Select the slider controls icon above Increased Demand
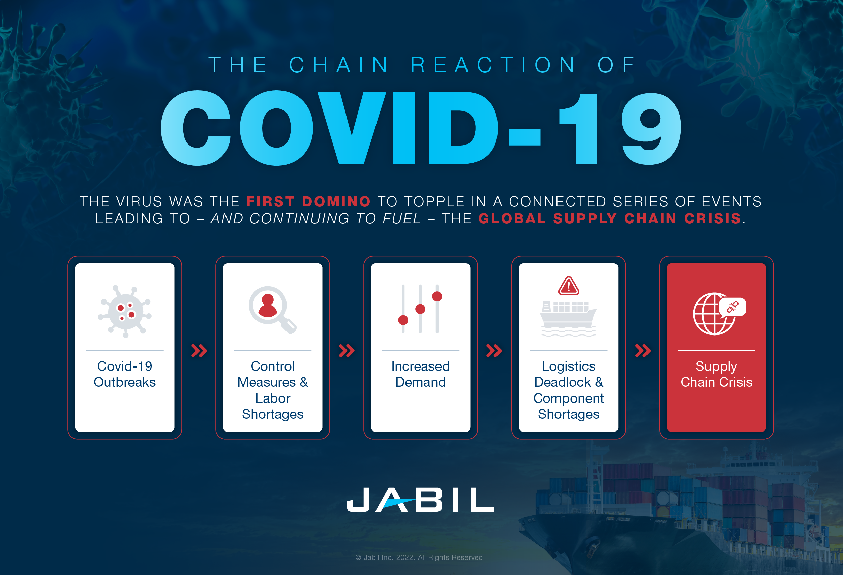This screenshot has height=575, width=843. click(x=420, y=309)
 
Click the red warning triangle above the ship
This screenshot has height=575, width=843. click(x=568, y=286)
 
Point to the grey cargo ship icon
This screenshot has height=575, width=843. click(x=568, y=318)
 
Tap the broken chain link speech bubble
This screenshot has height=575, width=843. click(x=733, y=307)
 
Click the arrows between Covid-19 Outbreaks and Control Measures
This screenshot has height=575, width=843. click(x=199, y=351)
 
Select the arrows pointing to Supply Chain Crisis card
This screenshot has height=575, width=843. click(x=643, y=351)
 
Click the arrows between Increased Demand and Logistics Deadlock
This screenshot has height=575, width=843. click(x=494, y=351)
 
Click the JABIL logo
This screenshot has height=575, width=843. click(x=420, y=500)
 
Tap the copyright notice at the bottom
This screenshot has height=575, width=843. click(x=420, y=557)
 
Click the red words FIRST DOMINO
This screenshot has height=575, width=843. click(x=308, y=201)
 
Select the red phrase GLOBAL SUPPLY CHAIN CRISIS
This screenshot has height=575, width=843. click(x=609, y=219)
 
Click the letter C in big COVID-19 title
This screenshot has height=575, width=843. click(x=196, y=128)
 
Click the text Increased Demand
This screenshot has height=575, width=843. click(x=420, y=374)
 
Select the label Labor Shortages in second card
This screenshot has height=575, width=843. click(x=272, y=406)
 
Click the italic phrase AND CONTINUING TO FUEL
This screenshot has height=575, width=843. click(x=315, y=219)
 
